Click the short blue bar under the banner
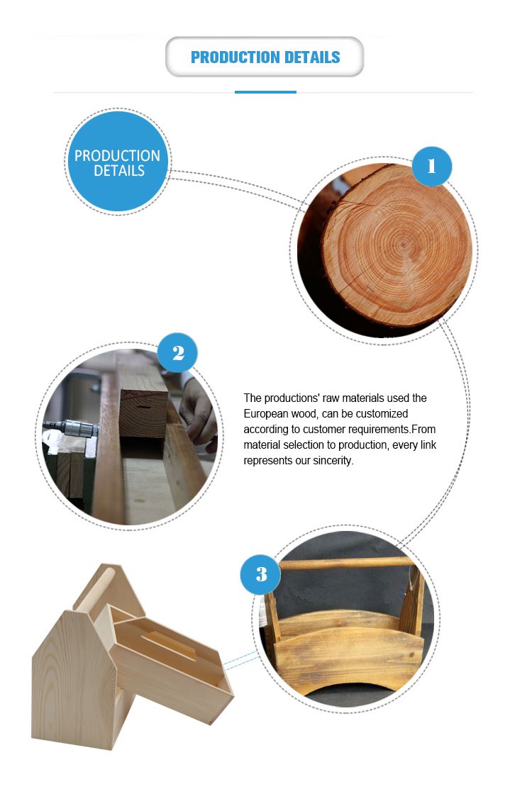click(x=265, y=92)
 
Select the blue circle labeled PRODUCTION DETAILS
click(x=118, y=162)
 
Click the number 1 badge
click(x=431, y=166)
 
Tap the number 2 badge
click(x=177, y=352)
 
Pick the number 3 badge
click(x=261, y=574)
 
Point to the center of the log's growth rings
click(x=402, y=245)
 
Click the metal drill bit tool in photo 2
click(x=70, y=429)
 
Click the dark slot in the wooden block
click(x=143, y=406)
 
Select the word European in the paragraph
click(x=266, y=413)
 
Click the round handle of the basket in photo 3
click(x=347, y=563)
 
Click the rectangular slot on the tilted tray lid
click(x=168, y=646)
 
